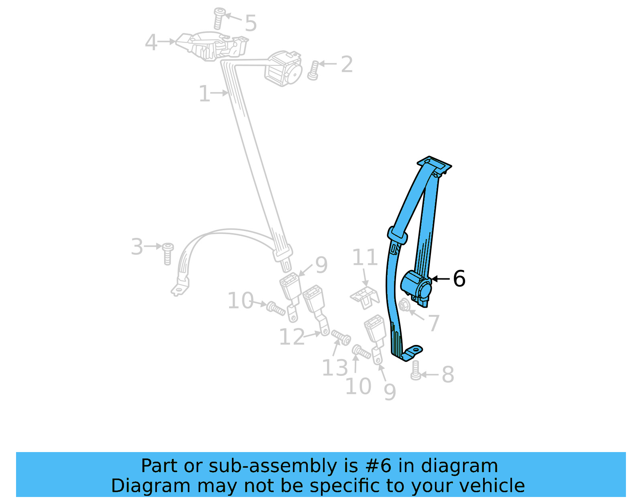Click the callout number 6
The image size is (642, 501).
coord(459,278)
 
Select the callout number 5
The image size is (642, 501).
coord(251,23)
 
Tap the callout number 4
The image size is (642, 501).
coord(151,42)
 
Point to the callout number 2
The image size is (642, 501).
coord(347,64)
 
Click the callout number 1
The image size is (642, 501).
coord(204,94)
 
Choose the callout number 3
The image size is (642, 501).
coord(137,247)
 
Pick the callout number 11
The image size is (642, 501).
coord(365,258)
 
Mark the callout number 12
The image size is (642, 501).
coord(292,337)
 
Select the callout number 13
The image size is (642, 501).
coord(335,368)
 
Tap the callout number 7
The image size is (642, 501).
coord(434,323)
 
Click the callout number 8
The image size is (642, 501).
coord(448,375)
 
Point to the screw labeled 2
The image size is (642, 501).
coord(314,71)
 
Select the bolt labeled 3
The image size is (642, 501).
coord(168,254)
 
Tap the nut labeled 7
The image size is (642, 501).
coord(404,305)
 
